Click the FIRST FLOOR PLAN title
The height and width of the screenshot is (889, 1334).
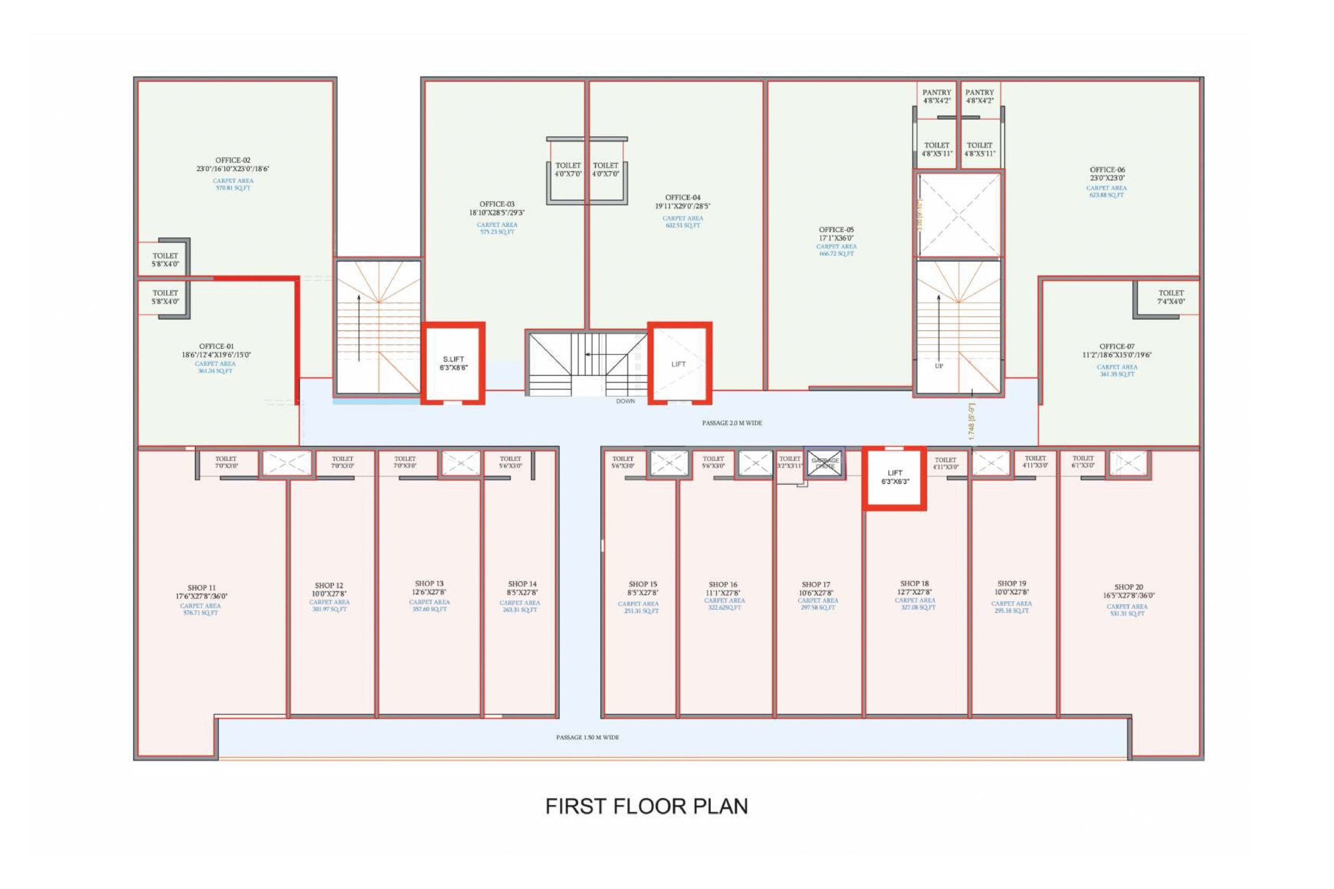[647, 806]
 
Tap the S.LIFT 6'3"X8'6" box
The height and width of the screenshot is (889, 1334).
[453, 364]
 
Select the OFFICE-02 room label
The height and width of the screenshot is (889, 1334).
[232, 160]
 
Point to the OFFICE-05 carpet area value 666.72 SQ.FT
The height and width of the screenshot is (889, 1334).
[836, 254]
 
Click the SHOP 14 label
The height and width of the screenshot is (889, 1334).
[522, 583]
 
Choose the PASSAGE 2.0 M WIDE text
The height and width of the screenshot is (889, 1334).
[732, 423]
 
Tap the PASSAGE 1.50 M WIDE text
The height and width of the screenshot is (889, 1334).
[587, 737]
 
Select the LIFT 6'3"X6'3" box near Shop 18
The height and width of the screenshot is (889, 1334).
[894, 477]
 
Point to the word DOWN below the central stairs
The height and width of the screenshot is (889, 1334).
[626, 402]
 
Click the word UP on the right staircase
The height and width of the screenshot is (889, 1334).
[938, 366]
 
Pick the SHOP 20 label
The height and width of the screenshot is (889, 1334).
[1128, 587]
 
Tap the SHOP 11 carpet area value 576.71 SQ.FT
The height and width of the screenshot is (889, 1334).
[200, 613]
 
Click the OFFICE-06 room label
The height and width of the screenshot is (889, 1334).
[1107, 170]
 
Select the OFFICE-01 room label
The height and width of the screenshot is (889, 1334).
[216, 346]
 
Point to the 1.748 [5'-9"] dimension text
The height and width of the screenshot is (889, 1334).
[971, 422]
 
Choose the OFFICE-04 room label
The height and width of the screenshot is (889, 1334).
[682, 197]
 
